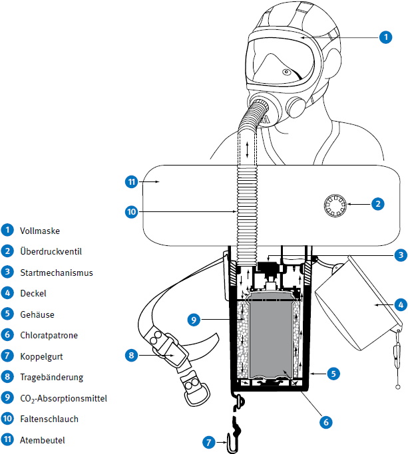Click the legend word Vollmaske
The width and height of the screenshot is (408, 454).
[x=40, y=231]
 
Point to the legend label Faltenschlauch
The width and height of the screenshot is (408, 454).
[x=49, y=419]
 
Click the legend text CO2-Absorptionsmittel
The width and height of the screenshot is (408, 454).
[x=64, y=398]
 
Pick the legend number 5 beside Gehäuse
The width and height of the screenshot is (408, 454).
[x=7, y=314]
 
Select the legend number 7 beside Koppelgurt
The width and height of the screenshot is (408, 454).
[x=7, y=356]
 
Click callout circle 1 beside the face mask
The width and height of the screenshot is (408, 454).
[x=385, y=38]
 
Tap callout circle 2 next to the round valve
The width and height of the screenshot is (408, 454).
[x=377, y=204]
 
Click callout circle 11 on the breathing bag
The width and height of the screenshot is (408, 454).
[x=131, y=181]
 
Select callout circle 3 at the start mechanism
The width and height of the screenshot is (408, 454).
[x=399, y=255]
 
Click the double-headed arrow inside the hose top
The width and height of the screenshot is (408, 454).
[x=248, y=148]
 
